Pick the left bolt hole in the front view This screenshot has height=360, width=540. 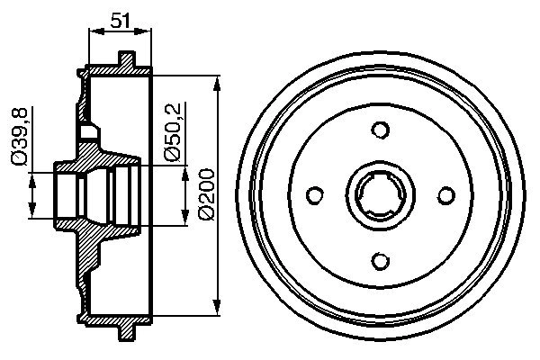coord(314,195)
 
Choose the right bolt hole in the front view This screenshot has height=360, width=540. coord(445,195)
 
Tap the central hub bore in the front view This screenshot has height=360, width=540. coord(380,195)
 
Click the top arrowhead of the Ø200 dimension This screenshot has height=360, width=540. coord(218,84)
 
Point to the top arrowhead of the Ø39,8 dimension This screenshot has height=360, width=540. coord(33,177)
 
